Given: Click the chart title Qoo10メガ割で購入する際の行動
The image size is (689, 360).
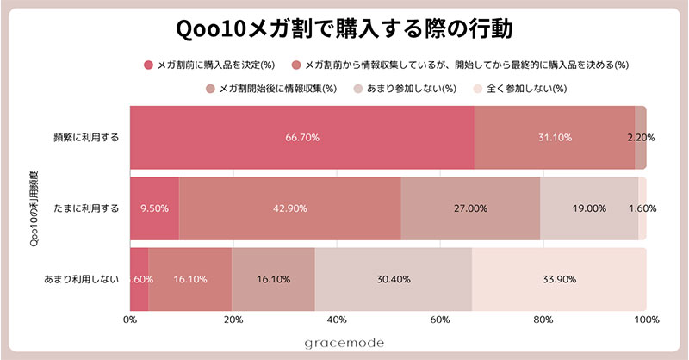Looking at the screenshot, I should tap(344, 29).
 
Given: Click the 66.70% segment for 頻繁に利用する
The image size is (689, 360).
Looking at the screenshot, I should tap(301, 137).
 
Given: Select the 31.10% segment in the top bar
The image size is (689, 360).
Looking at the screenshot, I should tap(555, 137).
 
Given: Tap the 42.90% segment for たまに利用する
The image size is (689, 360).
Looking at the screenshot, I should tap(290, 208).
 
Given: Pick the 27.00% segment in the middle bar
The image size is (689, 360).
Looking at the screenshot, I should tap(470, 208).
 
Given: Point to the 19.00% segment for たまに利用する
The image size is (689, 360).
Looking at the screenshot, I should tap(589, 208).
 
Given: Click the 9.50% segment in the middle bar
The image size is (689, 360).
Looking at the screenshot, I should tap(155, 208).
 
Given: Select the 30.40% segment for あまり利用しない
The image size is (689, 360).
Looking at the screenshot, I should tap(393, 279).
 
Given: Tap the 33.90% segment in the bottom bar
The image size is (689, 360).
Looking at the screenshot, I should tap(559, 279).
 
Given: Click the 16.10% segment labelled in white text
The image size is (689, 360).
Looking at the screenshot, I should tap(190, 279).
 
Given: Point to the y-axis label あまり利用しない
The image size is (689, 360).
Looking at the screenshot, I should tap(81, 279).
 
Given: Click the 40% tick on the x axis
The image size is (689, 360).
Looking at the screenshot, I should tap(337, 320).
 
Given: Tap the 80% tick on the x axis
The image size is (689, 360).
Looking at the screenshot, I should tap(543, 320).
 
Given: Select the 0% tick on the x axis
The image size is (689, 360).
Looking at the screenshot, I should tap(130, 320).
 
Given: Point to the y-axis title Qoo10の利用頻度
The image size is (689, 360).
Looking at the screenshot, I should tap(34, 208).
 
